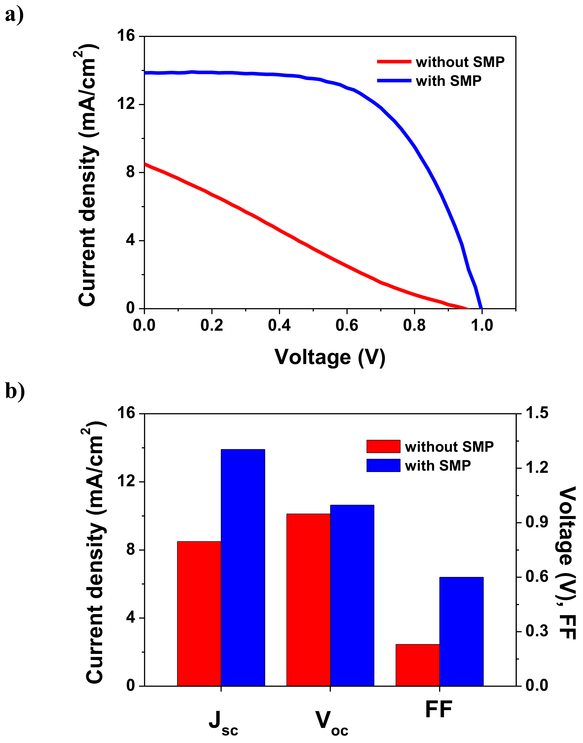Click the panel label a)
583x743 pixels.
14,15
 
